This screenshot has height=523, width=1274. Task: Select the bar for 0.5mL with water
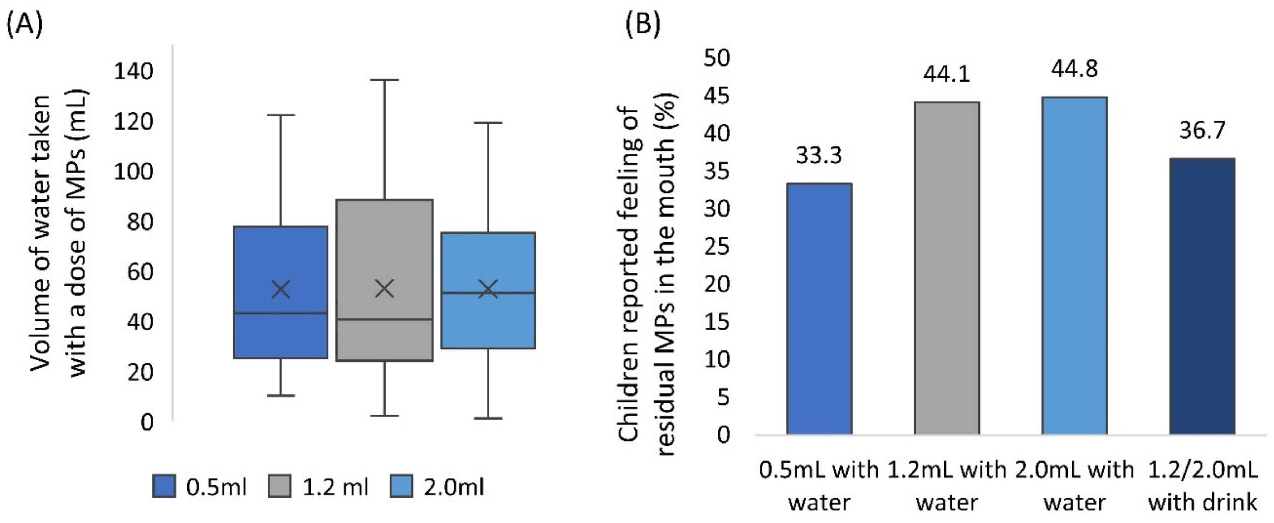point(819,309)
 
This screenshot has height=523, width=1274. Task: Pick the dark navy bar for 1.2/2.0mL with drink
point(1202,296)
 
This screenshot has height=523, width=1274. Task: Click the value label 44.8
point(1074,69)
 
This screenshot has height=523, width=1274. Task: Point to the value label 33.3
point(819,155)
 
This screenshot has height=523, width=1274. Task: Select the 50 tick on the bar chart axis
point(717,58)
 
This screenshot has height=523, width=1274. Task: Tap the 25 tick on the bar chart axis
point(717,246)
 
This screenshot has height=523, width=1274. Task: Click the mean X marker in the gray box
point(384,289)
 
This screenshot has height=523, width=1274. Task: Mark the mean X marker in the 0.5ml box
point(281,290)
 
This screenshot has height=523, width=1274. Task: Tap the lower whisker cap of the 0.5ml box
point(281,396)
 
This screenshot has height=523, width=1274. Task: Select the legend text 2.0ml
point(454,487)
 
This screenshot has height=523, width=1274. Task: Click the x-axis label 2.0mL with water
point(1074,486)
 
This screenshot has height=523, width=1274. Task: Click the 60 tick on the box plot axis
point(140,272)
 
